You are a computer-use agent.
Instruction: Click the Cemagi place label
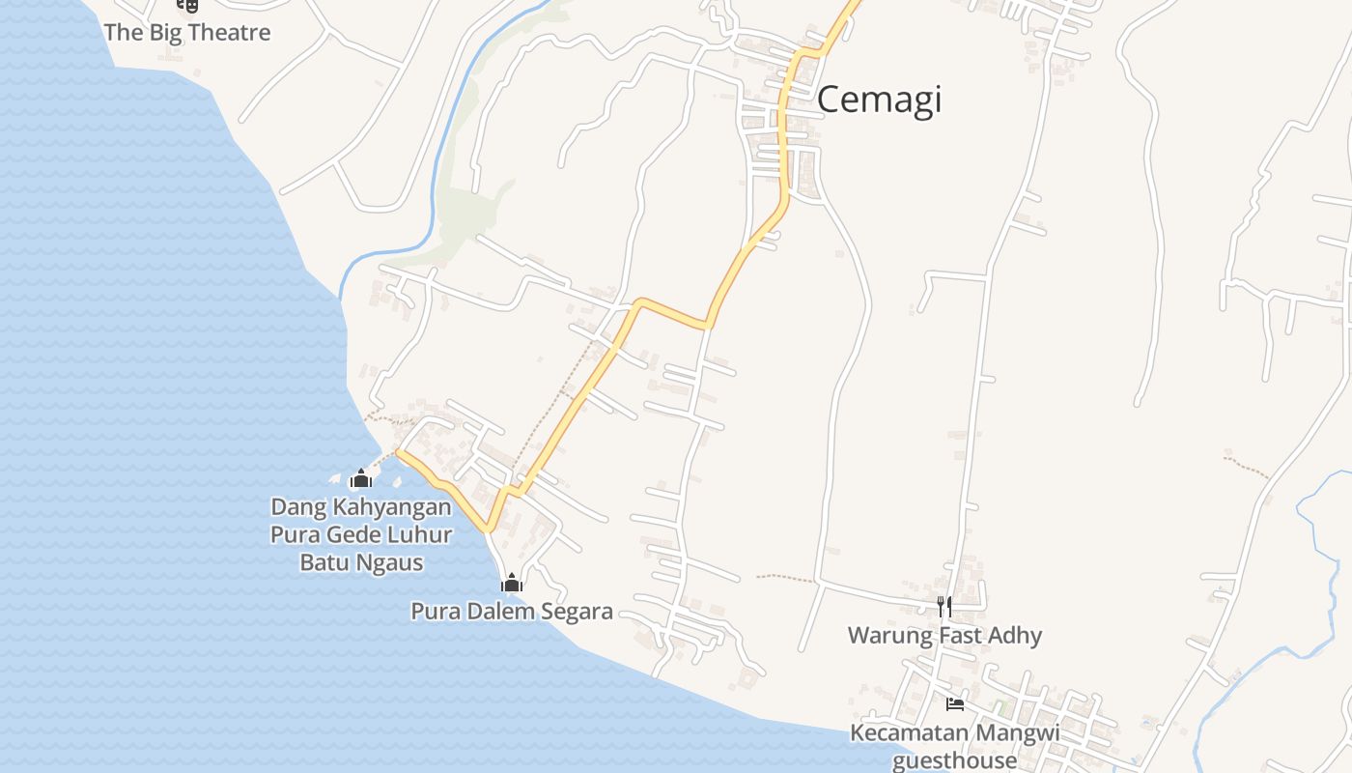879,100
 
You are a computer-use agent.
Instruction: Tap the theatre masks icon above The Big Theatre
187,5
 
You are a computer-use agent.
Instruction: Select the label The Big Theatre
187,32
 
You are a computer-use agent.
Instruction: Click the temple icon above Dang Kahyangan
361,478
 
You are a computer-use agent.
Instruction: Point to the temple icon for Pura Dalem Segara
512,582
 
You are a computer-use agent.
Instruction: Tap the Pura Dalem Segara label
512,611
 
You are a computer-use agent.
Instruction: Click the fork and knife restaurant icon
944,607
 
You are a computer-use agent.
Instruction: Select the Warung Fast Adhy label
944,635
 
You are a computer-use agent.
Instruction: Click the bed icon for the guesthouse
955,703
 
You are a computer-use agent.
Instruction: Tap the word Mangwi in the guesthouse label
1017,732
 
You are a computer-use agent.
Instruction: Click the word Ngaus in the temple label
391,562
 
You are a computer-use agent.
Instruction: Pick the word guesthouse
954,760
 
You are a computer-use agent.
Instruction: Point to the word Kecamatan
908,732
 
